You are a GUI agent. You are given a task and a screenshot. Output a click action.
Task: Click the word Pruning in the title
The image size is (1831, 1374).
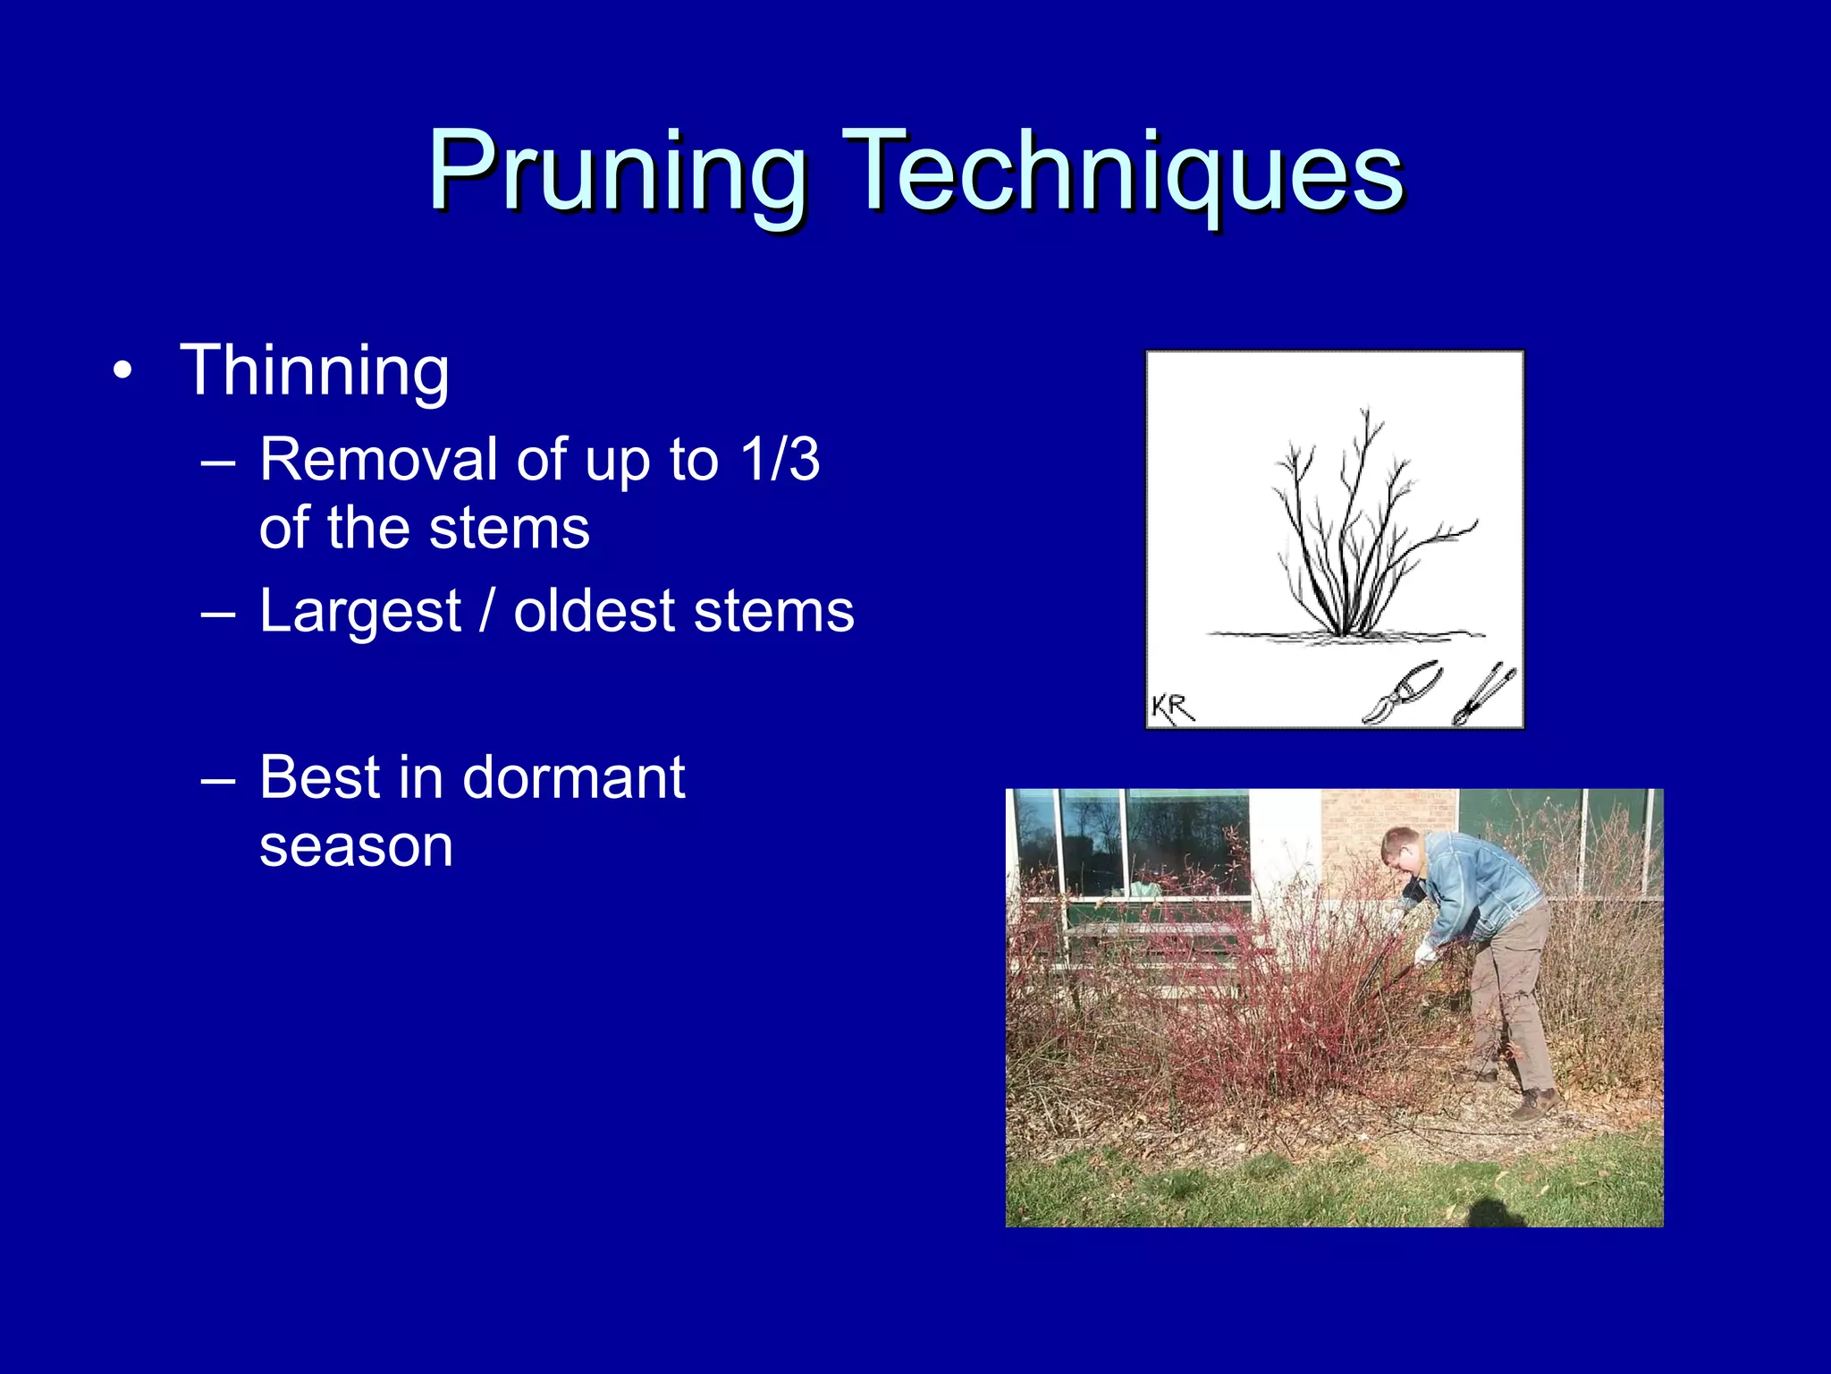(617, 172)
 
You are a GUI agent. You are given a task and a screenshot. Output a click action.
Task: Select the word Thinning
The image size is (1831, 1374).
(315, 370)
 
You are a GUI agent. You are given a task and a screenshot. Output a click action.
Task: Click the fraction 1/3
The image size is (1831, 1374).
(780, 460)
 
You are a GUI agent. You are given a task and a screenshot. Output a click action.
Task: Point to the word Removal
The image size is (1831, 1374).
(378, 460)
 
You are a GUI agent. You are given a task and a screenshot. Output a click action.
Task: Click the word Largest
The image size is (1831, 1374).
(360, 612)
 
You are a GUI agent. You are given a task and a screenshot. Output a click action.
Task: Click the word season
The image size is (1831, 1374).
(356, 846)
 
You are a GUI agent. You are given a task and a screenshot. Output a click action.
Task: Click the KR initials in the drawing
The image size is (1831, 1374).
(1172, 708)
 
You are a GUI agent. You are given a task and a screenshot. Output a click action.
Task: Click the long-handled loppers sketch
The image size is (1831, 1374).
(1484, 694)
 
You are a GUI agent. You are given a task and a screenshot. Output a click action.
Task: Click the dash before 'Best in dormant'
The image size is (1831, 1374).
(218, 780)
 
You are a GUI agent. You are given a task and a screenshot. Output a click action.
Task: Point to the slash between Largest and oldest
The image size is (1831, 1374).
(487, 612)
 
